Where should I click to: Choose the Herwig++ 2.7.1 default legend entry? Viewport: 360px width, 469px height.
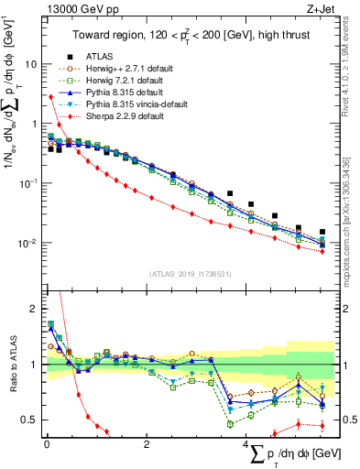click(x=136, y=68)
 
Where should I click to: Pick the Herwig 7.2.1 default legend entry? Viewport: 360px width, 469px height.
click(x=133, y=80)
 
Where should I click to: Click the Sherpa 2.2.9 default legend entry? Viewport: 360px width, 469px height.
click(x=133, y=116)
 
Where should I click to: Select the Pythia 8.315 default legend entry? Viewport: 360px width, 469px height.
click(x=131, y=93)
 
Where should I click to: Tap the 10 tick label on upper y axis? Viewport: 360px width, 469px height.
click(x=31, y=65)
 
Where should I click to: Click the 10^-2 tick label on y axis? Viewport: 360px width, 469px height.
click(x=29, y=244)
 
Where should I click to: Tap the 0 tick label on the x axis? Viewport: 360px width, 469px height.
click(x=46, y=444)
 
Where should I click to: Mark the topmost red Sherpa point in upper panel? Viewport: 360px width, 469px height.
click(x=49, y=96)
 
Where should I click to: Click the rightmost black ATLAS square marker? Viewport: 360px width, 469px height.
click(x=322, y=232)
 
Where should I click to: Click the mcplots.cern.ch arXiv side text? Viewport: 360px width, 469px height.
click(x=351, y=220)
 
